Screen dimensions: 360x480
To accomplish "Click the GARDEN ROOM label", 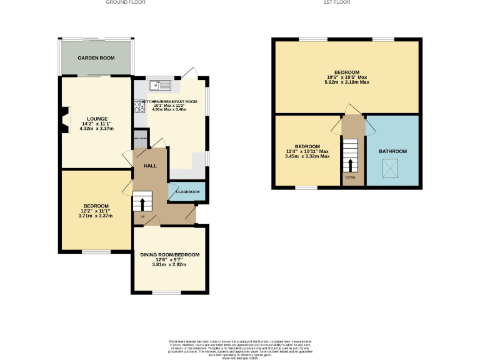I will coord(96,58).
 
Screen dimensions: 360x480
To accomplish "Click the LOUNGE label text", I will coord(97,118).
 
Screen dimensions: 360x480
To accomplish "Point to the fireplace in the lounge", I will coord(64,121).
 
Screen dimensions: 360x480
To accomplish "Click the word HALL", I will coord(150,166).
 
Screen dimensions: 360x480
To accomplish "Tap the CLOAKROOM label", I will coord(187,192).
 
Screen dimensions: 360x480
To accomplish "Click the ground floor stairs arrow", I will coord(142,204).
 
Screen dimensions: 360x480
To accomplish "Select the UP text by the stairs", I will coord(142,217).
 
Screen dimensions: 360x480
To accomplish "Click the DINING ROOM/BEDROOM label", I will coord(169,254).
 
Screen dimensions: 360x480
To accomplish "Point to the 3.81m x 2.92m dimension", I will coord(169,265).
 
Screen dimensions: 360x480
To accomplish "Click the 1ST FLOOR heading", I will coord(336,2).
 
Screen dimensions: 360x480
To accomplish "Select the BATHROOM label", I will coord(392,151).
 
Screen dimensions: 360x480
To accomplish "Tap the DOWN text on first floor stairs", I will coord(350,177).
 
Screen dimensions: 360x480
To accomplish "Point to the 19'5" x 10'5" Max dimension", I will coord(347,77).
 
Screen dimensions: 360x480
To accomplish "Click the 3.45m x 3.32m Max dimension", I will coord(307,156).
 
